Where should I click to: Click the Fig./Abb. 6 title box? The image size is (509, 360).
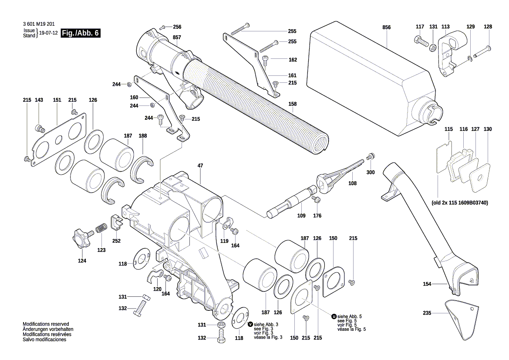pyautogui.click(x=81, y=34)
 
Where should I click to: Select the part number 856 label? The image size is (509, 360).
pyautogui.click(x=387, y=27)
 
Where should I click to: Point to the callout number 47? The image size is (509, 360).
pyautogui.click(x=200, y=166)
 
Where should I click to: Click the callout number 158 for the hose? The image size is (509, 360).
pyautogui.click(x=293, y=104)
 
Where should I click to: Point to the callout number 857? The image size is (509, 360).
pyautogui.click(x=177, y=37)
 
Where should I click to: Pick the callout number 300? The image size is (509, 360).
pyautogui.click(x=370, y=173)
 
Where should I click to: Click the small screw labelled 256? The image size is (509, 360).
pyautogui.click(x=162, y=27)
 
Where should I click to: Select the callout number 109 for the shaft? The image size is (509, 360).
pyautogui.click(x=301, y=215)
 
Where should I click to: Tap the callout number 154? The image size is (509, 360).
pyautogui.click(x=427, y=284)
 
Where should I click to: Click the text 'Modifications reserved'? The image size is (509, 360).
pyautogui.click(x=46, y=324)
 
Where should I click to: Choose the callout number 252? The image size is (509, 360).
pyautogui.click(x=116, y=241)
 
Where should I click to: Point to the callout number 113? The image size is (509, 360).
pyautogui.click(x=445, y=27)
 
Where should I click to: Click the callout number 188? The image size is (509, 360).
pyautogui.click(x=143, y=136)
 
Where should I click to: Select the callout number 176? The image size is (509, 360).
pyautogui.click(x=317, y=215)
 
